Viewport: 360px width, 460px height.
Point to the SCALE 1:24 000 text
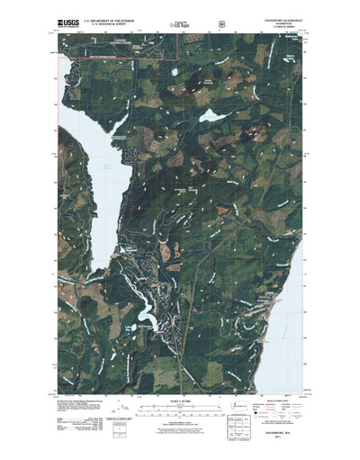(x=179, y=398)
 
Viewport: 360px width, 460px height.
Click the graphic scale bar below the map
(x=179, y=406)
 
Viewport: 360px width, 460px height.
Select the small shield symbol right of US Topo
(x=222, y=16)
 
